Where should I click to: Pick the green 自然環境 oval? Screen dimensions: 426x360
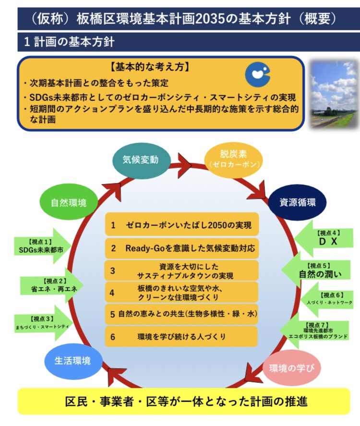coord(70,202)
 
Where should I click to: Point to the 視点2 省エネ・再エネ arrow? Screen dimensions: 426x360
coord(48,287)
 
